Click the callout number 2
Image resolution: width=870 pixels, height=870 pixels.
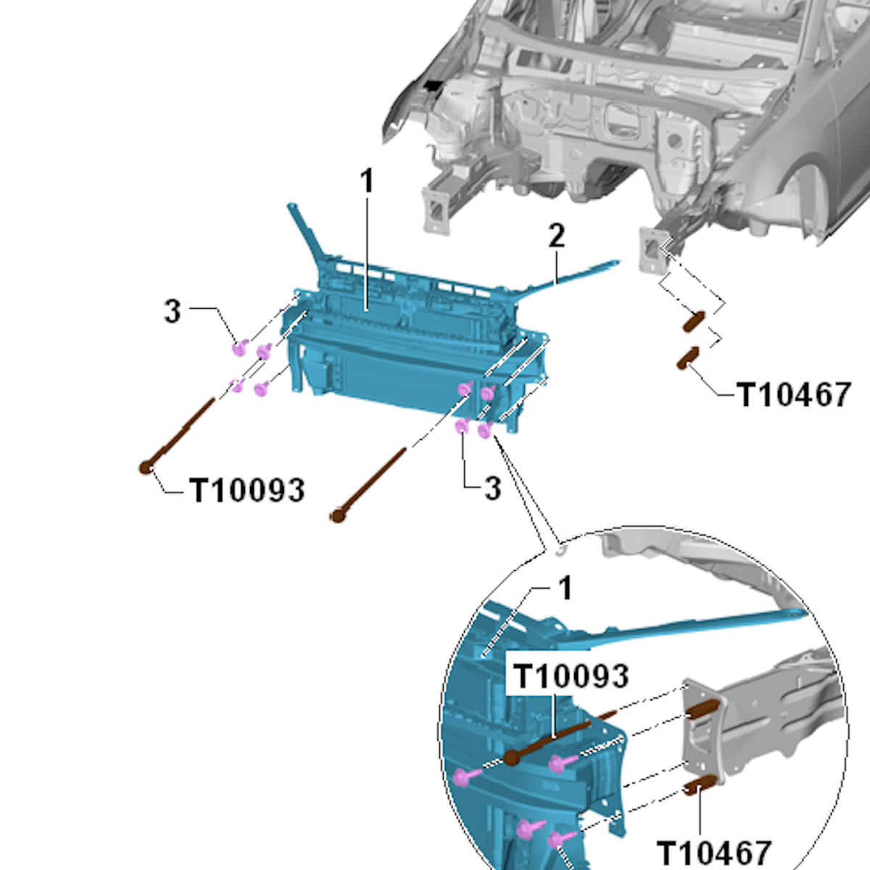pos(556,236)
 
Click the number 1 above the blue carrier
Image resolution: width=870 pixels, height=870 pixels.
pos(368,181)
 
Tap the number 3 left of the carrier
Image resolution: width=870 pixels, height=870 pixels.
pos(172,311)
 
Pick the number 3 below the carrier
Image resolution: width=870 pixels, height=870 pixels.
pos(492,488)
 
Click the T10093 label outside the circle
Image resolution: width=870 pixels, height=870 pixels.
pos(246,491)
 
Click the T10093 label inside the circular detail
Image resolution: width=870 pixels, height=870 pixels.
pos(571,676)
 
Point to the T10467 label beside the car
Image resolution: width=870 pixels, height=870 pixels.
pos(793,395)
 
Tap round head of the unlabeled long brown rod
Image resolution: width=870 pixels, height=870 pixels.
pos(337,516)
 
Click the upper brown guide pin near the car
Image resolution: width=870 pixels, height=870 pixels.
pos(693,321)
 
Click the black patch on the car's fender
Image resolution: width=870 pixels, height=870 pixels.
pos(432,87)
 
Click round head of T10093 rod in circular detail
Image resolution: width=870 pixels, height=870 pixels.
pos(512,758)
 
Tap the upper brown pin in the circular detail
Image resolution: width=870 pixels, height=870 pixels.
pos(702,710)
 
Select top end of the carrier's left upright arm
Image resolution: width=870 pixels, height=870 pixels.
pos(291,207)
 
